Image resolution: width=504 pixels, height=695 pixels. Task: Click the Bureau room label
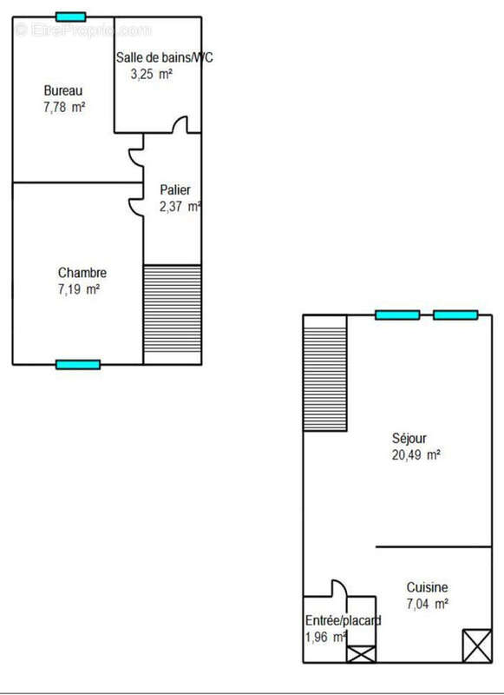62,90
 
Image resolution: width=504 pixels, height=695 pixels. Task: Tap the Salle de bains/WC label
164,58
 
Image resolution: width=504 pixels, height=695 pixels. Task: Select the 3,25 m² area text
151,75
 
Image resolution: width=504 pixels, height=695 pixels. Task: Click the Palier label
174,190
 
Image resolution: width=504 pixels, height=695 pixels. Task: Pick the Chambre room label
82,273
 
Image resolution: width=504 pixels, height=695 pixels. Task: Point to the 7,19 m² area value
78,289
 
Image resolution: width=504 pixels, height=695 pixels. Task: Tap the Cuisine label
428,587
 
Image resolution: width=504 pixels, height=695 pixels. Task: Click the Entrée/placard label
343,620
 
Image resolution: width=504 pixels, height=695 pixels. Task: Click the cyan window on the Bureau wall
70,17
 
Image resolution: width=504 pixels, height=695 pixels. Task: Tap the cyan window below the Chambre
78,364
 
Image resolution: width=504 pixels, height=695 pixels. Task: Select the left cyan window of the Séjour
397,314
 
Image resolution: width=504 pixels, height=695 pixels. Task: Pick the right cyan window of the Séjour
455,314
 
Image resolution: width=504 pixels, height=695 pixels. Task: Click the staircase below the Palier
172,314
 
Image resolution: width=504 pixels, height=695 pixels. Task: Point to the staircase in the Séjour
324,373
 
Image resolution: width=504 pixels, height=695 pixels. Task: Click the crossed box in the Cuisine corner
476,645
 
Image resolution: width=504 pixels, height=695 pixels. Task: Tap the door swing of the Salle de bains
180,125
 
